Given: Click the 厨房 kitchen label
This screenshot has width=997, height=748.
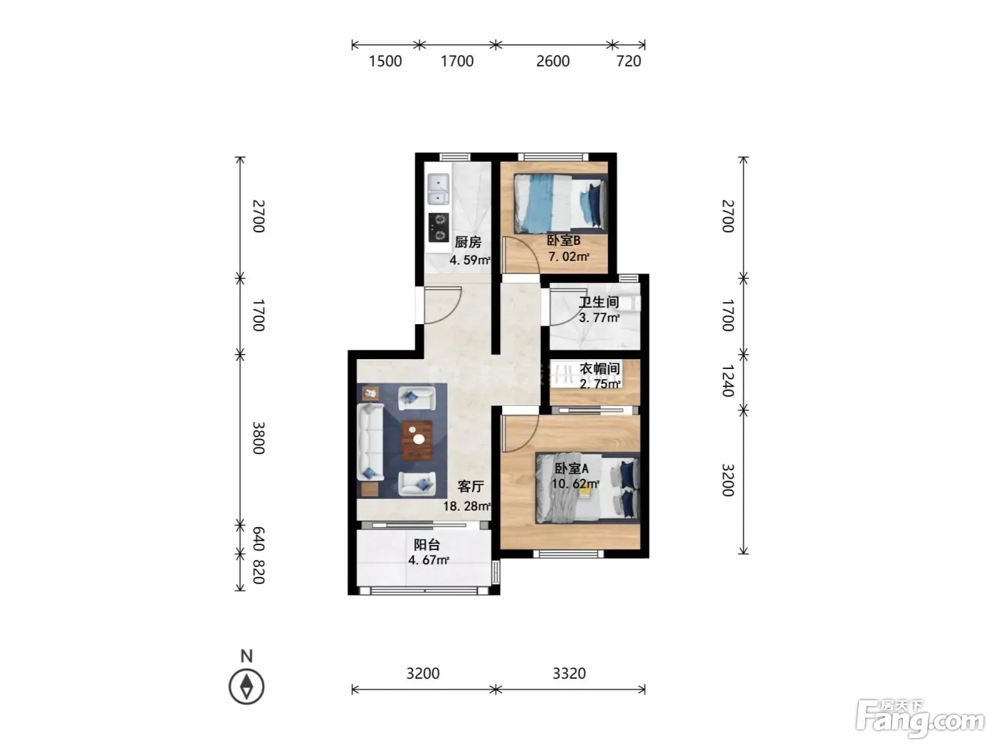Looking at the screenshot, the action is pyautogui.click(x=467, y=242).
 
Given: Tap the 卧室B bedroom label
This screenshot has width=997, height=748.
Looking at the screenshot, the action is pyautogui.click(x=563, y=240).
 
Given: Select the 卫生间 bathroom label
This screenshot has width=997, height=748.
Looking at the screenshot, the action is pyautogui.click(x=599, y=302).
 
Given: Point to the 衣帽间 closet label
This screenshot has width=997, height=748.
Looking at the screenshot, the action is pyautogui.click(x=600, y=368).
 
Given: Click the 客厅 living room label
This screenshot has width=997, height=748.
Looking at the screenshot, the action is pyautogui.click(x=471, y=487).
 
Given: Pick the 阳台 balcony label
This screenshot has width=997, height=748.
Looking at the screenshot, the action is pyautogui.click(x=427, y=544).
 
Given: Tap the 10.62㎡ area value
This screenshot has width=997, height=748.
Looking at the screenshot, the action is pyautogui.click(x=575, y=484).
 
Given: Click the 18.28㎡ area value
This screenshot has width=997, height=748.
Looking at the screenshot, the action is pyautogui.click(x=467, y=506).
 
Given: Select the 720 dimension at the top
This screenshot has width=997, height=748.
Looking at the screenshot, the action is pyautogui.click(x=628, y=61).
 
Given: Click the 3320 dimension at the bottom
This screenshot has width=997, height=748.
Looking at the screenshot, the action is pyautogui.click(x=569, y=673).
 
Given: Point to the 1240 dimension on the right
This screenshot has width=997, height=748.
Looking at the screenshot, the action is pyautogui.click(x=728, y=380).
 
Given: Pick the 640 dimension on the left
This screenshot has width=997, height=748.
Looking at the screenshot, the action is pyautogui.click(x=258, y=539).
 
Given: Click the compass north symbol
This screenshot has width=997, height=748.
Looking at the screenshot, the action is pyautogui.click(x=246, y=686).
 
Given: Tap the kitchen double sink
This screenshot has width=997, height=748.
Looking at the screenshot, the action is pyautogui.click(x=438, y=189).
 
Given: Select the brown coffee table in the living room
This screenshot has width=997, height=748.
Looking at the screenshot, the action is pyautogui.click(x=417, y=440).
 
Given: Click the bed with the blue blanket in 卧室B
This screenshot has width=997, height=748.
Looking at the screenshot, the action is pyautogui.click(x=560, y=204).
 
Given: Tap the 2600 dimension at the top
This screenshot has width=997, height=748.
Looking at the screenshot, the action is pyautogui.click(x=553, y=61).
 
